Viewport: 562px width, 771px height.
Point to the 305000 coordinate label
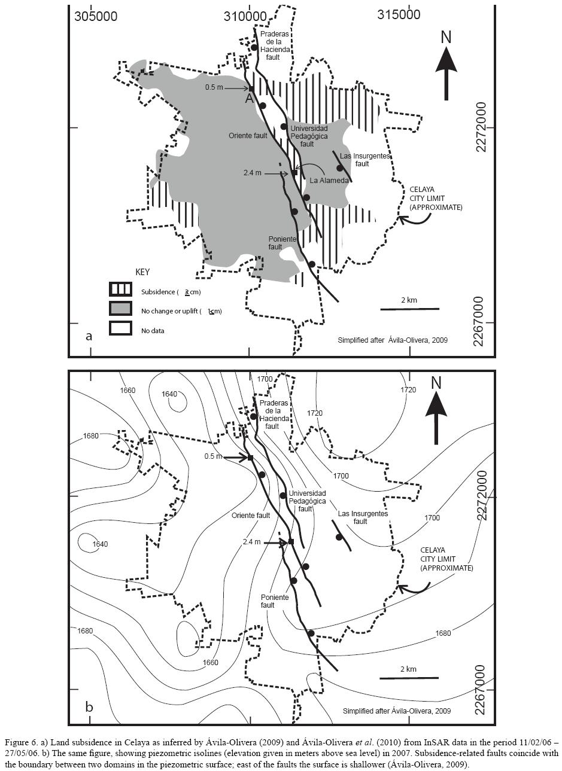point(96,16)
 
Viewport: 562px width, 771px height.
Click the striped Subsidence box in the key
point(120,289)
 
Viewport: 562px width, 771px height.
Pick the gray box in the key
point(120,309)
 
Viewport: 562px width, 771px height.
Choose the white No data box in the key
point(120,328)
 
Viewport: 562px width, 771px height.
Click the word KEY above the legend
point(142,272)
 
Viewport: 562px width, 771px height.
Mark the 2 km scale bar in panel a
point(409,309)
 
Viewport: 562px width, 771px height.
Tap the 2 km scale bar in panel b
point(409,678)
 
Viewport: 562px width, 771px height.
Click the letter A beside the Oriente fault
point(250,99)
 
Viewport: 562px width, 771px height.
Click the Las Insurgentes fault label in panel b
point(363,517)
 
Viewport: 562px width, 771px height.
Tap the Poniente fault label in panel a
point(282,243)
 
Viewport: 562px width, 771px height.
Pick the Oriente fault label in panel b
point(250,515)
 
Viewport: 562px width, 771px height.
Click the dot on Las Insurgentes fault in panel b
point(339,537)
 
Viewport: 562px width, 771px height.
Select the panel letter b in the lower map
point(89,707)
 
